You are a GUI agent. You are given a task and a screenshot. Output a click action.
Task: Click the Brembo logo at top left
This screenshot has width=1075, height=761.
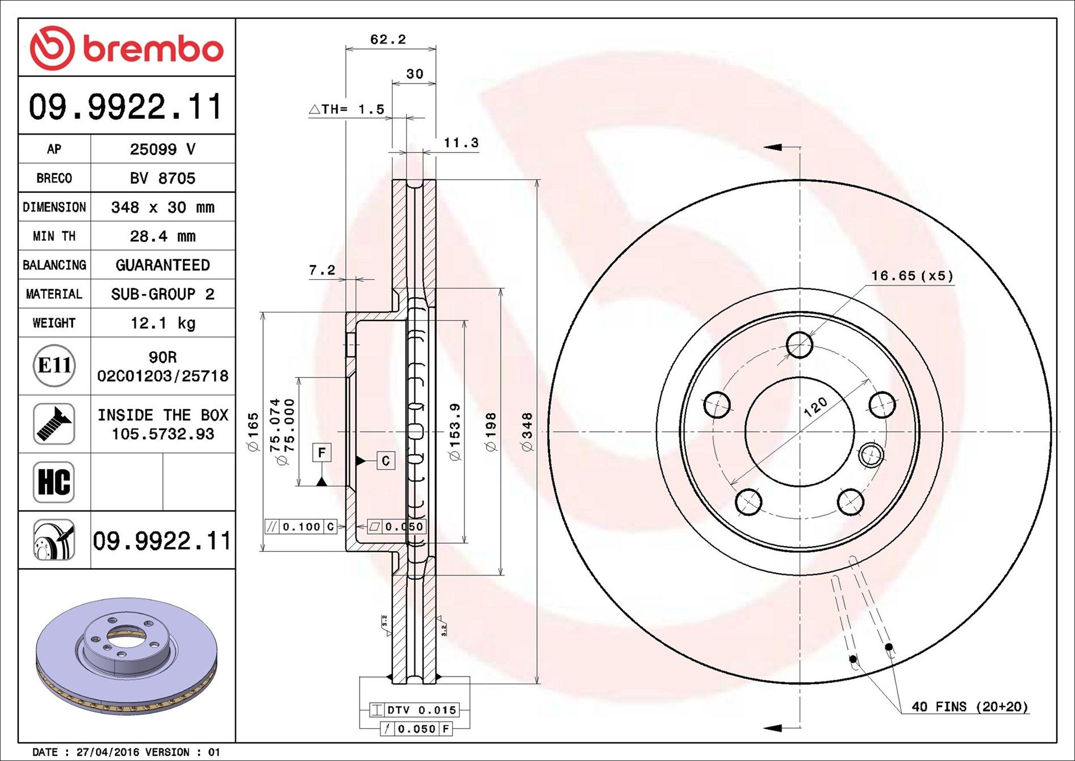pos(127,48)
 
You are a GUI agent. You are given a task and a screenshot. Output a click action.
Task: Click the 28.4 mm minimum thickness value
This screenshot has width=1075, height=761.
pos(162,236)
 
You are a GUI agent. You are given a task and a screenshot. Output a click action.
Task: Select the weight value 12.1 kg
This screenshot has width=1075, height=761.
pos(162,323)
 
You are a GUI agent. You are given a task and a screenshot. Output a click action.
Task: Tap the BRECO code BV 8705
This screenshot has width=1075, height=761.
pos(162,178)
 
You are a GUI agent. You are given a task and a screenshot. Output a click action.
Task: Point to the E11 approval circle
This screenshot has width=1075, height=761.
pos(54,365)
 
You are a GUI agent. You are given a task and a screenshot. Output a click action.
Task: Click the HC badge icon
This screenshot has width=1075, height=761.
pos(54,482)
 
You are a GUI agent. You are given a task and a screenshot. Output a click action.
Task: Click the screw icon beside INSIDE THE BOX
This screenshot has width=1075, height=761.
pos(54,424)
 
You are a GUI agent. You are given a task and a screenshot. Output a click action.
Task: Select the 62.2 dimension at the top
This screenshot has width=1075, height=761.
pos(388,39)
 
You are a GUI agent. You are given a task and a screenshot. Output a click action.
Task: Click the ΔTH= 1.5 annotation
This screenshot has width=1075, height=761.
pos(347,109)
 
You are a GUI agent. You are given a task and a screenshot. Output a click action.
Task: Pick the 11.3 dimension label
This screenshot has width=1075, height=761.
pos(461,143)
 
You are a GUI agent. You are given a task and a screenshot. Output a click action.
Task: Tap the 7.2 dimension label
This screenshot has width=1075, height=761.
pos(322,270)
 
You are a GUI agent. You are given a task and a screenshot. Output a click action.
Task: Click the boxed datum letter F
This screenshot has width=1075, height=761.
pos(322,453)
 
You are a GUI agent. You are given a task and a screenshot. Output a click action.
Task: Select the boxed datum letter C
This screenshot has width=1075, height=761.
pos(386,460)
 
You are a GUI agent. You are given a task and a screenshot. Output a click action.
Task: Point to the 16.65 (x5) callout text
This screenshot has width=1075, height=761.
pos(912,276)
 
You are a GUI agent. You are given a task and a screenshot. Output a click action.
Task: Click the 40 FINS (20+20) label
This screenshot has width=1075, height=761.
pos(969,706)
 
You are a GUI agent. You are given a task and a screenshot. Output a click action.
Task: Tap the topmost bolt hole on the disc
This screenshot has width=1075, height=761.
pos(800,344)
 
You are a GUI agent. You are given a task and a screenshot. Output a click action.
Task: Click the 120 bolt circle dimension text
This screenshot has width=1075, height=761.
pos(815,407)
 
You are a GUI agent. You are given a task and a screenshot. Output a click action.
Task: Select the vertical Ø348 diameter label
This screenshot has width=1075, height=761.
pos(527,432)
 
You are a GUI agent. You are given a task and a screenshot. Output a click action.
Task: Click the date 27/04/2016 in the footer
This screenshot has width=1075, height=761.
pos(108,752)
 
